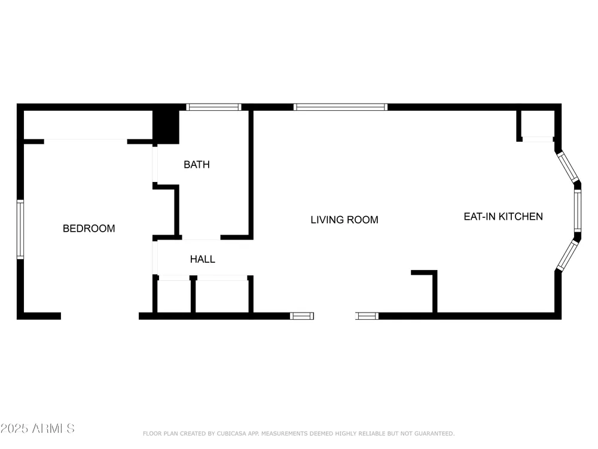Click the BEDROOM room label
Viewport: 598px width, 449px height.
pyautogui.click(x=89, y=228)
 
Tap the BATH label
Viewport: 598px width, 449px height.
pyautogui.click(x=196, y=165)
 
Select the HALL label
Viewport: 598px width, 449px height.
pyautogui.click(x=203, y=259)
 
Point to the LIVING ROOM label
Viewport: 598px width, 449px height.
pyautogui.click(x=344, y=220)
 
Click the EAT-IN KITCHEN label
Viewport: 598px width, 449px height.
pyautogui.click(x=503, y=217)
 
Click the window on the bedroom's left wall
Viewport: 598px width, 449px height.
pyautogui.click(x=20, y=229)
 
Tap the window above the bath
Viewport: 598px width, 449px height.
pyautogui.click(x=213, y=107)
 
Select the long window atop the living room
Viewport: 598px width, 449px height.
pyautogui.click(x=341, y=107)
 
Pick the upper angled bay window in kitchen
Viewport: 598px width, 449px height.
pyautogui.click(x=568, y=167)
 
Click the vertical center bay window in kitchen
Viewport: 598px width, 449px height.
pyautogui.click(x=578, y=211)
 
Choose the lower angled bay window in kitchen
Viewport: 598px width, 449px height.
pyautogui.click(x=568, y=255)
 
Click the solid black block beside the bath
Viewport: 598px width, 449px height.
pyautogui.click(x=166, y=127)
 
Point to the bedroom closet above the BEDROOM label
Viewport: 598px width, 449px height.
pyautogui.click(x=88, y=125)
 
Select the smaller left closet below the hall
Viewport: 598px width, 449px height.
pyautogui.click(x=174, y=296)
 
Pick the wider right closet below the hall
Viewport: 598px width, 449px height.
pyautogui.click(x=222, y=296)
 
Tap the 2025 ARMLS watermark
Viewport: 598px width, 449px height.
pyautogui.click(x=37, y=429)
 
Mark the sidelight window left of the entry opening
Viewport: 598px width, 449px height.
pyautogui.click(x=301, y=315)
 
